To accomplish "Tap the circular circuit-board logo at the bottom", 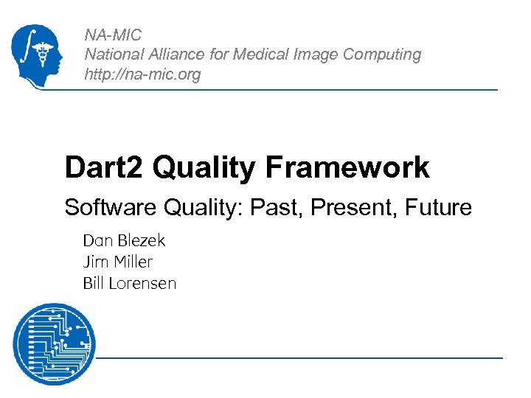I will tap(53, 343).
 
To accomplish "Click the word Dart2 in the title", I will tap(104, 167).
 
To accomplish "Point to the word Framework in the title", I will tap(347, 167).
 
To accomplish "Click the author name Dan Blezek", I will tap(124, 240).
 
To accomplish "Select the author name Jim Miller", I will tap(117, 262).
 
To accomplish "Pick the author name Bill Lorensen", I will tap(129, 283).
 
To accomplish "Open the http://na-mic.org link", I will tap(142, 74).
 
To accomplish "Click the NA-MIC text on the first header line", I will tap(113, 35).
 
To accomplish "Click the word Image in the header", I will tap(315, 55).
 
